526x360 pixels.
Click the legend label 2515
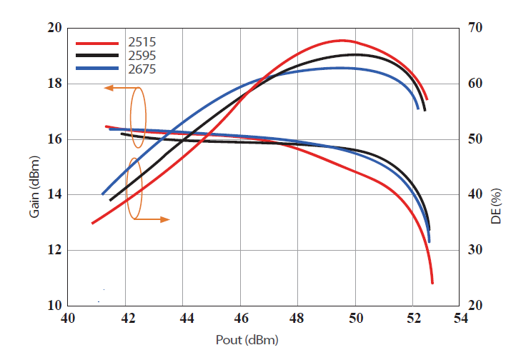[142, 42]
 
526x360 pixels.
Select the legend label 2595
[142, 55]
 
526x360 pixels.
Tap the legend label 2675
[142, 69]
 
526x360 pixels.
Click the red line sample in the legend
[97, 44]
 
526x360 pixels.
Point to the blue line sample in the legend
[97, 69]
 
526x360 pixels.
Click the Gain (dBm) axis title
[34, 186]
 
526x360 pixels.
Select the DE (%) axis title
[496, 206]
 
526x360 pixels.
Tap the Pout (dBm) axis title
[247, 340]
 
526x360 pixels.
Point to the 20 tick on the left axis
[55, 28]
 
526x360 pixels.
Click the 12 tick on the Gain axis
[55, 250]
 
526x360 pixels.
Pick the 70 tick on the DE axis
[475, 28]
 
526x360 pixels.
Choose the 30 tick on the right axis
[475, 250]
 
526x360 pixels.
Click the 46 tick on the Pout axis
[241, 319]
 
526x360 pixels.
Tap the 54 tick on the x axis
[460, 319]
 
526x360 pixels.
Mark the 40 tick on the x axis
[68, 319]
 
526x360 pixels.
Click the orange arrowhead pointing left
[109, 88]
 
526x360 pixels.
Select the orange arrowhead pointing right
[164, 219]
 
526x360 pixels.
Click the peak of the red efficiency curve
[342, 40]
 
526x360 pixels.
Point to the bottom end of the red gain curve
[432, 283]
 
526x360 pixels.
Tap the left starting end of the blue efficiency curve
[103, 194]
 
